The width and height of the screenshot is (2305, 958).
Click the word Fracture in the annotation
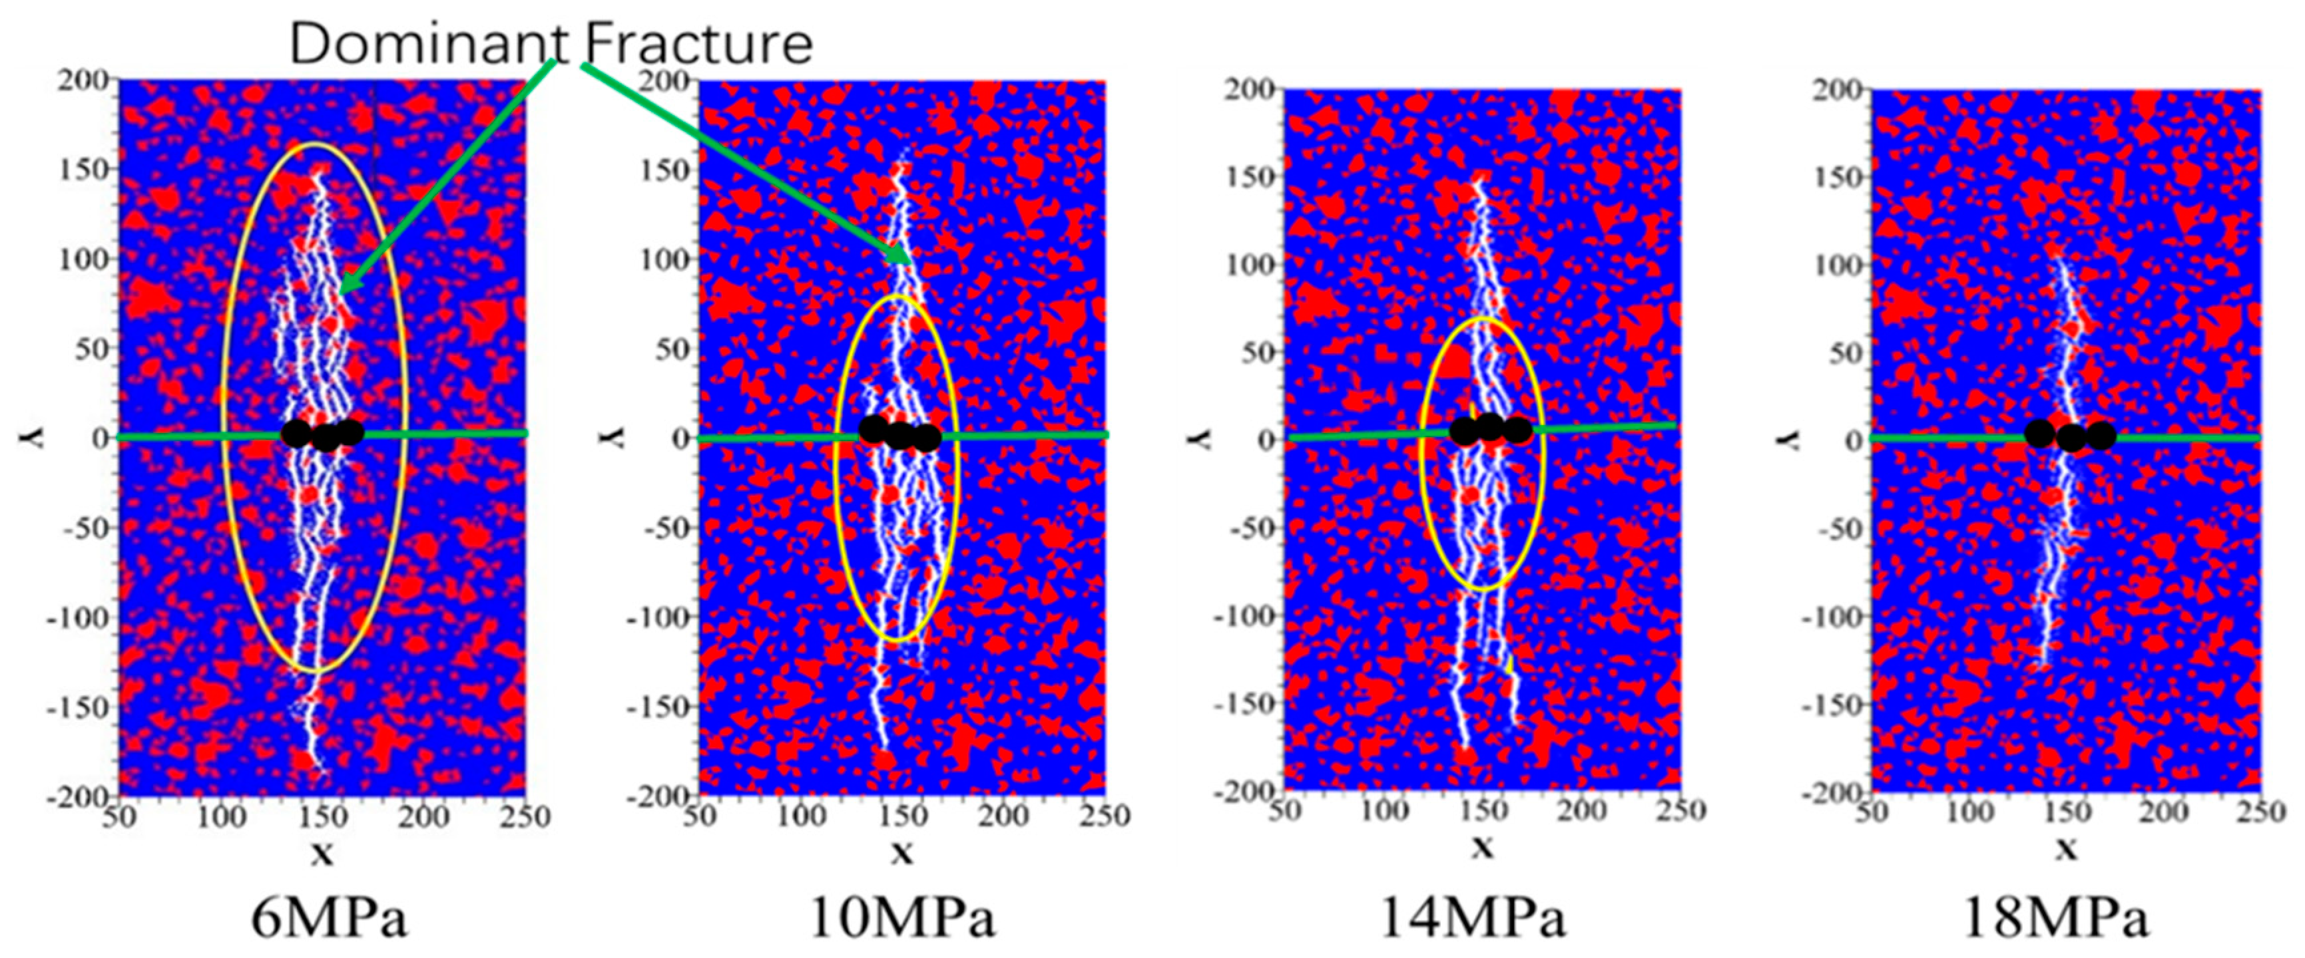(698, 43)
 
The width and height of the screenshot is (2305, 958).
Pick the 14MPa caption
(1473, 919)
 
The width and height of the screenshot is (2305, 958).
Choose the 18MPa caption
(2055, 919)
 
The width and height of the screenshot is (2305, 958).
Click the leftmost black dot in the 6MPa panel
(296, 434)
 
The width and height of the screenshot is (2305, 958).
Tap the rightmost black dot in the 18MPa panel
(2101, 436)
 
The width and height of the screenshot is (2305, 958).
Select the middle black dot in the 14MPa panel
(1490, 428)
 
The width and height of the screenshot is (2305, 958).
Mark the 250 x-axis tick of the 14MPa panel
(1680, 810)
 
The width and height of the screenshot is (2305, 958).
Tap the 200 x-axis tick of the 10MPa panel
(1002, 815)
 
